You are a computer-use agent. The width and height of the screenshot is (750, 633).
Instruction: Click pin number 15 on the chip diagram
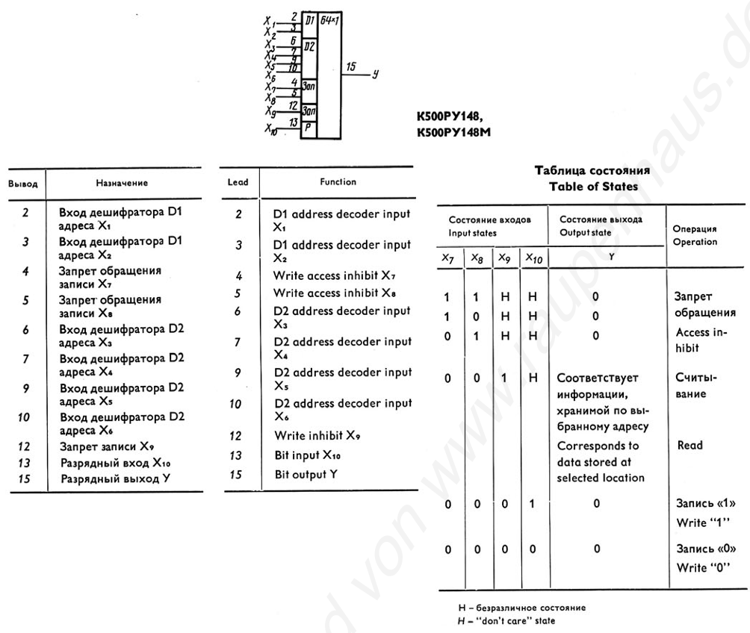point(351,66)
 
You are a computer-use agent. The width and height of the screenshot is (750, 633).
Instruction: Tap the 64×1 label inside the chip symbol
point(329,21)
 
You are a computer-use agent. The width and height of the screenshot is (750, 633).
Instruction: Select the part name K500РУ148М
point(453,132)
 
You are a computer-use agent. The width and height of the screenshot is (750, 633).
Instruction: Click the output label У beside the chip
point(376,74)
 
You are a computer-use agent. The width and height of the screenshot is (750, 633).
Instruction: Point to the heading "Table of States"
point(593,187)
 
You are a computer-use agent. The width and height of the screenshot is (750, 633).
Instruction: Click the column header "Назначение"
point(122,183)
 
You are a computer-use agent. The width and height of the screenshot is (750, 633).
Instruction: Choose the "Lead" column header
point(238,181)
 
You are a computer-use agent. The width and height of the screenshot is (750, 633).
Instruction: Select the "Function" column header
point(338,181)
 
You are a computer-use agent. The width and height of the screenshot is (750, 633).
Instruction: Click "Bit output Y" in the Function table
point(306,474)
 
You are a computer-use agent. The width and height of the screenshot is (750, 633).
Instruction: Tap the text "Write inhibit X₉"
point(317,435)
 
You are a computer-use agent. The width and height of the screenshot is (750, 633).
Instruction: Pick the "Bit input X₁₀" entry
point(308,455)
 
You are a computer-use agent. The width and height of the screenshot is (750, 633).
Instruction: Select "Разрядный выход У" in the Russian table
point(115,478)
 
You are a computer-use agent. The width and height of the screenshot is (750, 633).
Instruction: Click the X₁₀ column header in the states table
point(534,258)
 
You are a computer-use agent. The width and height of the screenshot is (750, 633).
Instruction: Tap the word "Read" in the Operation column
point(689,445)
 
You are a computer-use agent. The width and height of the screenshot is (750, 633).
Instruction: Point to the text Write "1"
point(703,523)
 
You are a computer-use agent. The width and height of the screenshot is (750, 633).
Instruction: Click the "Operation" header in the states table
point(695,242)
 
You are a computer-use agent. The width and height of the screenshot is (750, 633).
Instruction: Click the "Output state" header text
point(586,233)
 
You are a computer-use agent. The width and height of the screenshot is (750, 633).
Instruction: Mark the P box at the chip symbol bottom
point(309,128)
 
